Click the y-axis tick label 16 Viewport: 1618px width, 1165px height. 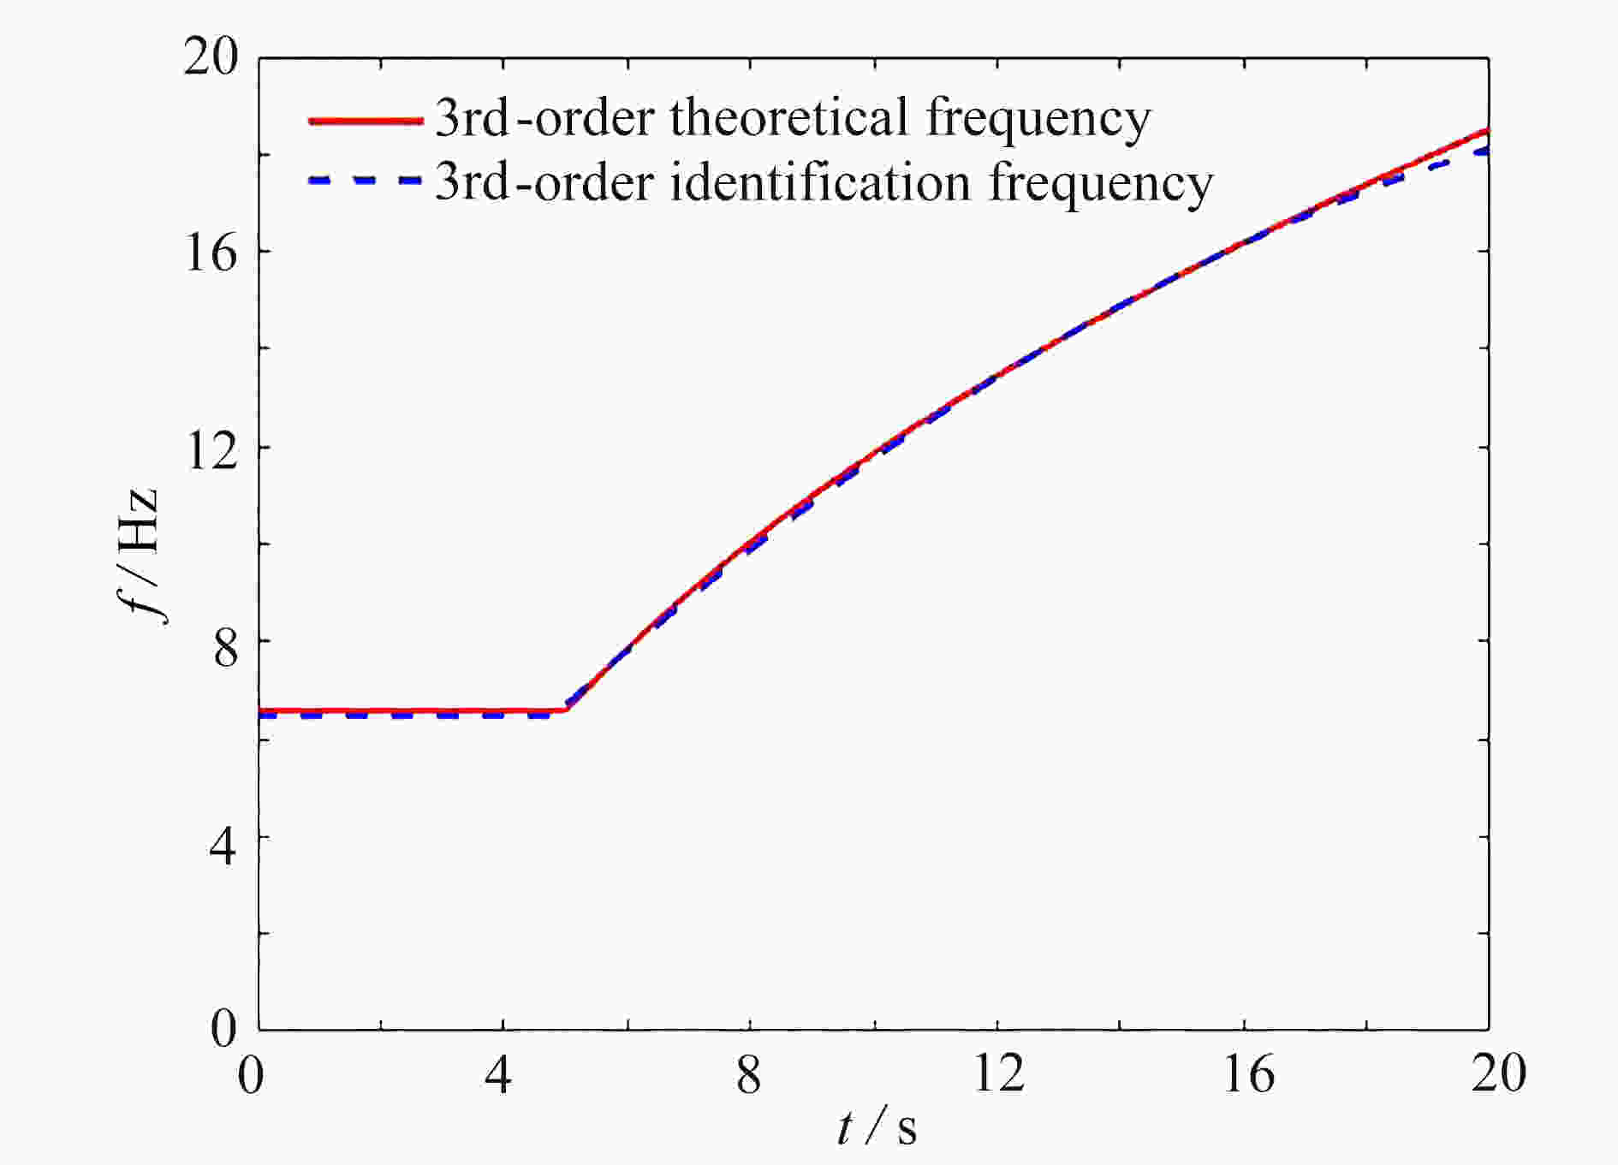[211, 253]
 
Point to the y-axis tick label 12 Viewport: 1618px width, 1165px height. [211, 449]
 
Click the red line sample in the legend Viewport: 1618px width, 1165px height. [366, 121]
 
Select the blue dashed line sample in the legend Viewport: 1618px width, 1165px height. [366, 181]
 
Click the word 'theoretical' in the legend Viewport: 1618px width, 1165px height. [788, 117]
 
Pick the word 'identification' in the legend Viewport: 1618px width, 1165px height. [819, 182]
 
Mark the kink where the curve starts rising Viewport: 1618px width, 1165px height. [566, 709]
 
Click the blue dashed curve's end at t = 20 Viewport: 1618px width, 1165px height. [1486, 152]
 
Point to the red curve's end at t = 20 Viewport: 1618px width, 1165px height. [1486, 131]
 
